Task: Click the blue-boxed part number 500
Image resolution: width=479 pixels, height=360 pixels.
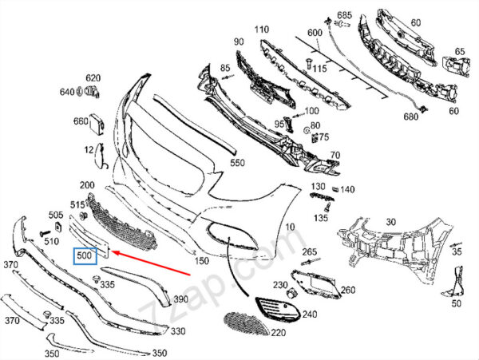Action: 85,255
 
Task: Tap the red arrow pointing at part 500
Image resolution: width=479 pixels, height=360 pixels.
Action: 151,263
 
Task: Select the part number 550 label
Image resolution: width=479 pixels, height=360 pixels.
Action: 237,163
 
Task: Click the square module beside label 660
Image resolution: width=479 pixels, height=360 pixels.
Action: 97,125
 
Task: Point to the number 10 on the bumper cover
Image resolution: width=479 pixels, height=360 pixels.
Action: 291,227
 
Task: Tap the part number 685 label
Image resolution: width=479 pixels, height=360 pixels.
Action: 344,14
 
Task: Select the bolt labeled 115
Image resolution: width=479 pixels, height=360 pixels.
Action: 307,64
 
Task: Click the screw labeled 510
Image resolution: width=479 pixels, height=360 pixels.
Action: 45,234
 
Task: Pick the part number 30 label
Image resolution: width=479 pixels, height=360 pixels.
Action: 391,222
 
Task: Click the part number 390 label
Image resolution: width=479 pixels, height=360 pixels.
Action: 181,299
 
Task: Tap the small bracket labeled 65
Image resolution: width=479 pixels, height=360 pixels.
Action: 456,66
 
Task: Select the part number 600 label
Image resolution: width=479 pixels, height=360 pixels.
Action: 315,33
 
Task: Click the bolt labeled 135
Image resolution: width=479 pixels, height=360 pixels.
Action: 328,208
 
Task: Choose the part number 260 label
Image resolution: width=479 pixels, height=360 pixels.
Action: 348,290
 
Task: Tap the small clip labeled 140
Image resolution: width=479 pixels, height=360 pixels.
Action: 335,189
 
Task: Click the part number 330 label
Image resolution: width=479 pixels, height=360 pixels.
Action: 178,330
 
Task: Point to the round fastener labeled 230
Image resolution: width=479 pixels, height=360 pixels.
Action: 292,294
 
